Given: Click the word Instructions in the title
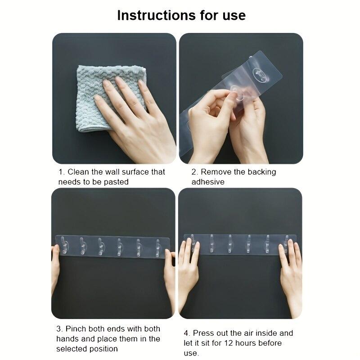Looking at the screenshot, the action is tap(157, 15).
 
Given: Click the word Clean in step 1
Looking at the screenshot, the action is tap(78, 172).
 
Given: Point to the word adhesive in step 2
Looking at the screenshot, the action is tap(208, 182).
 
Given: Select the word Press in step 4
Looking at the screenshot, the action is tap(202, 333).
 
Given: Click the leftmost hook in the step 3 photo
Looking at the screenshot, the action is tap(64, 245).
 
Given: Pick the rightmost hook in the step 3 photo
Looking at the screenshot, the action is tap(157, 248).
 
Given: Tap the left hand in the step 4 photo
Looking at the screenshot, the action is tap(188, 271).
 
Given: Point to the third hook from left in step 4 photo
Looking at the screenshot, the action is tap(230, 244).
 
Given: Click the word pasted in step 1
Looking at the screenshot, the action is tap(116, 182).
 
